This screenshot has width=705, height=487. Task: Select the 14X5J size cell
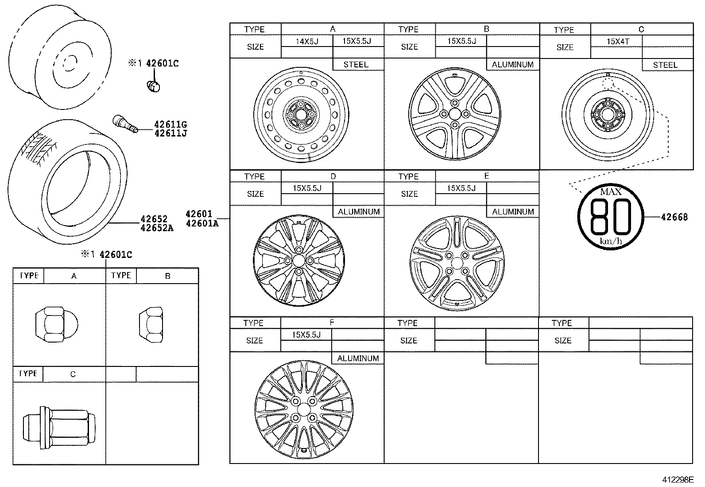click(307, 41)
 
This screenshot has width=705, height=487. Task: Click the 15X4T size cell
click(617, 42)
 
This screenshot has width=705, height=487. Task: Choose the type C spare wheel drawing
click(607, 114)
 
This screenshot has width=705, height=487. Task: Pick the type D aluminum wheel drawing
click(298, 261)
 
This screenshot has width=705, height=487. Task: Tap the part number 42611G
click(170, 125)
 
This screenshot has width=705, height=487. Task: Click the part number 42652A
click(157, 228)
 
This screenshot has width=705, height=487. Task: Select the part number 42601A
click(202, 223)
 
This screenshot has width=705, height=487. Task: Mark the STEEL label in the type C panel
click(665, 65)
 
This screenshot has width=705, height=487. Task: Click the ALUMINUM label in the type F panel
click(358, 358)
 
